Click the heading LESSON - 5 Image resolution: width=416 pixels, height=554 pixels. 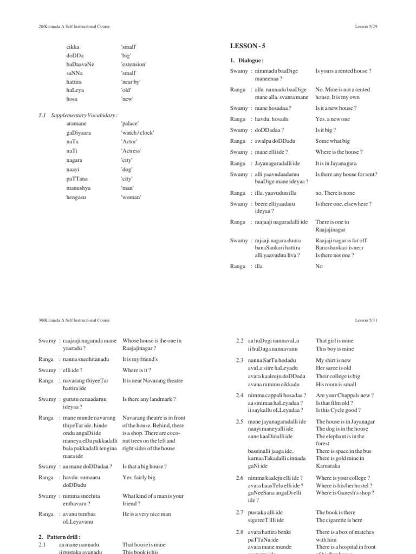pyautogui.click(x=247, y=47)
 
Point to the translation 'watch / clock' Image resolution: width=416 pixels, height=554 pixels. pyautogui.click(x=138, y=133)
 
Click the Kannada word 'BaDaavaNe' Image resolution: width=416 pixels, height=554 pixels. pyautogui.click(x=80, y=64)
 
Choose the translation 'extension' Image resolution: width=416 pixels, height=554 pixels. pyautogui.click(x=134, y=64)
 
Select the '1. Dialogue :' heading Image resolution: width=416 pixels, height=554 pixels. pyautogui.click(x=247, y=61)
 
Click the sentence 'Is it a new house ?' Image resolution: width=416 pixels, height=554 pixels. pyautogui.click(x=337, y=108)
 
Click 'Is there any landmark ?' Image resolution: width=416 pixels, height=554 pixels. pyautogui.click(x=149, y=399)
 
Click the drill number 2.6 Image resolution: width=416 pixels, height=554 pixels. pyautogui.click(x=239, y=478)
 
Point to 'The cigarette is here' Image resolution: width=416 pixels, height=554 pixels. pyautogui.click(x=339, y=520)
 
